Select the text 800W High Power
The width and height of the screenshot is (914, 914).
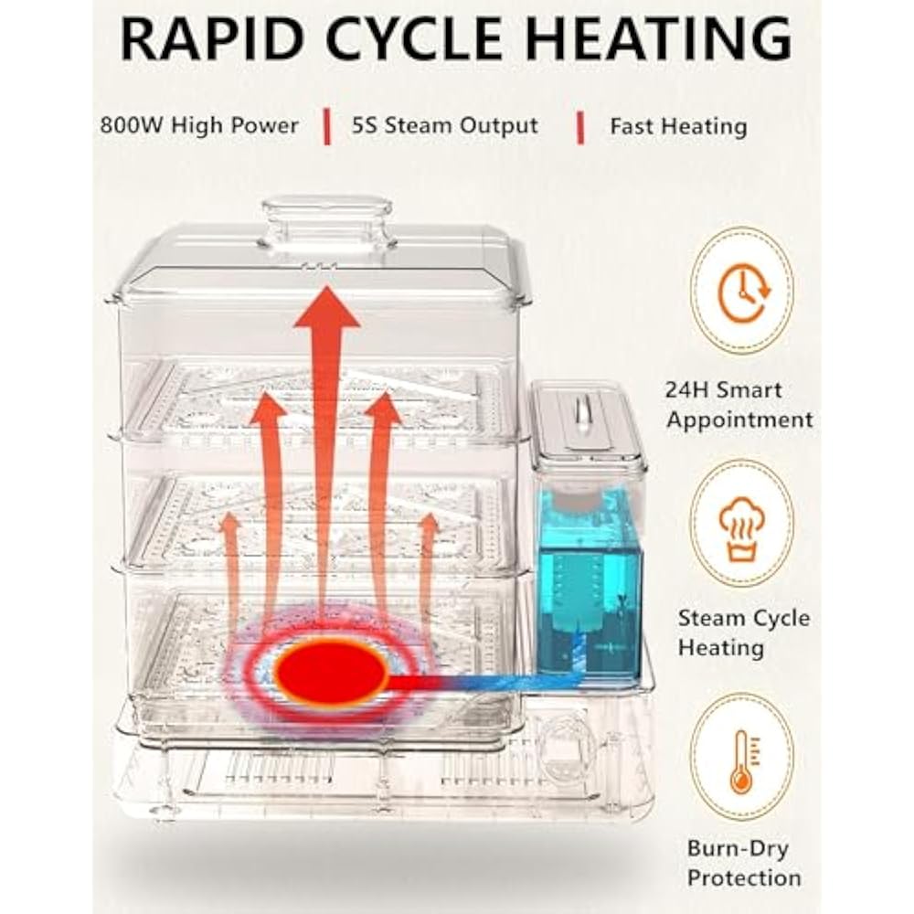pos(199,125)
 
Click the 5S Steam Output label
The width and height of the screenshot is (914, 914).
pos(445,125)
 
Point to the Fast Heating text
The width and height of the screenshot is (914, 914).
pos(678,126)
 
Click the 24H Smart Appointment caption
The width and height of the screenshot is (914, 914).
pos(739,405)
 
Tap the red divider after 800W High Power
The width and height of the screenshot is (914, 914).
pos(326,127)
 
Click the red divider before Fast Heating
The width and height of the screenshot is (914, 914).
pos(579,127)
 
